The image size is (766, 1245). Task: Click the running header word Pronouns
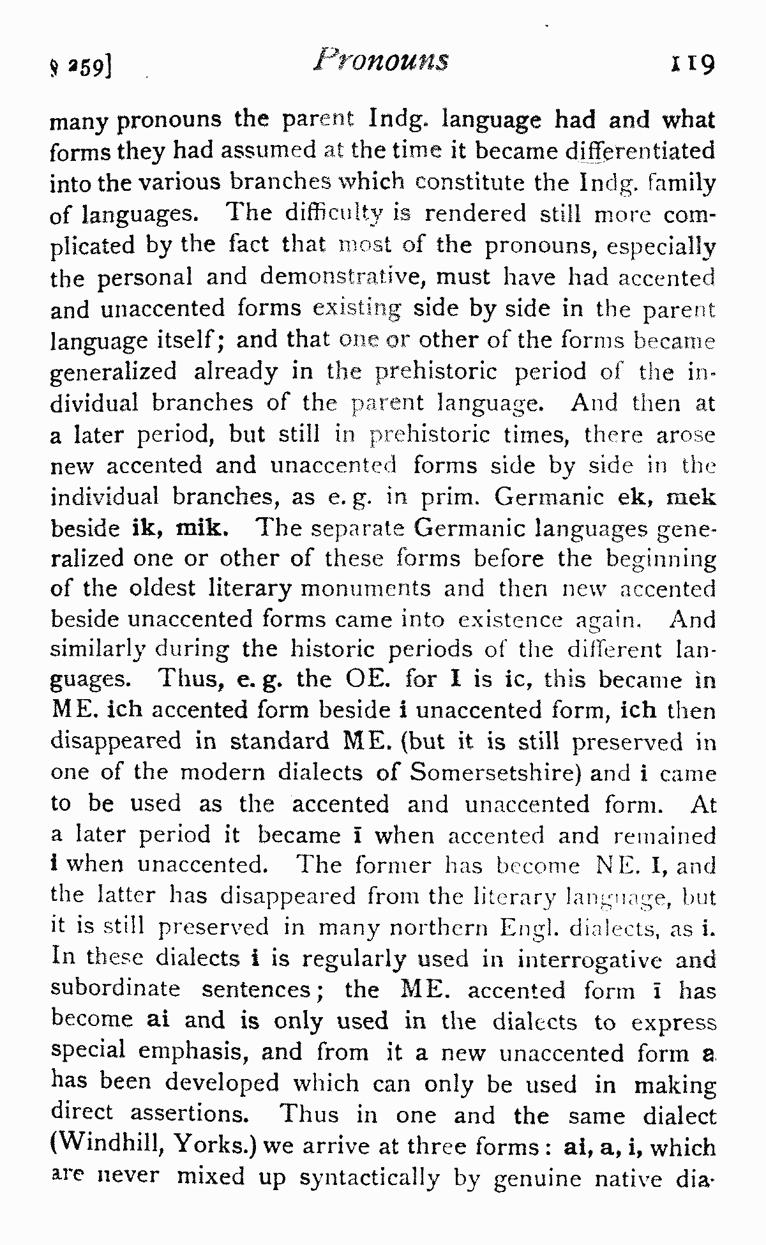[381, 61]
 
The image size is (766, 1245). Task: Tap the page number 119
[691, 64]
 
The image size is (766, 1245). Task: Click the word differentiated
[640, 151]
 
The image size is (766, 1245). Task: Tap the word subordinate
[116, 989]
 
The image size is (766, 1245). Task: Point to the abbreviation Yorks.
[209, 1147]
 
